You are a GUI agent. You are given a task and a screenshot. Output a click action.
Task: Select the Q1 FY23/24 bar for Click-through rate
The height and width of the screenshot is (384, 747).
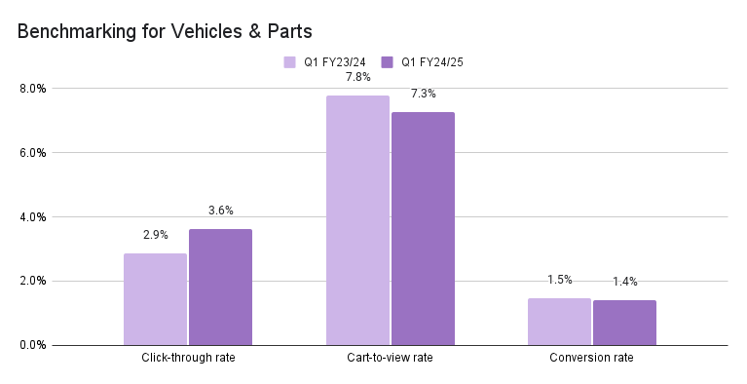155,299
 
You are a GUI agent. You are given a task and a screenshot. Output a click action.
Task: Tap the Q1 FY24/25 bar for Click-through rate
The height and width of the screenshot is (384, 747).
220,288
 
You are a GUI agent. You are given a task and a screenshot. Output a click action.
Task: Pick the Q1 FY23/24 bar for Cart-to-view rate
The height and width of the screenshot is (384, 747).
357,220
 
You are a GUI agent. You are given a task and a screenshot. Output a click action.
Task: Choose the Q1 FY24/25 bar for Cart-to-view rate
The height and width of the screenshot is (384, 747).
423,228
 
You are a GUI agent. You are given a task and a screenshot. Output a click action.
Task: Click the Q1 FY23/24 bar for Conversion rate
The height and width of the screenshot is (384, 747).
559,322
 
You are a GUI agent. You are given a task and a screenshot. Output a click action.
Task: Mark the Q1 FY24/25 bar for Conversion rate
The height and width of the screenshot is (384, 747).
624,323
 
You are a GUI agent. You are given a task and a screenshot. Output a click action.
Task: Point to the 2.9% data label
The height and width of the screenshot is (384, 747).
155,235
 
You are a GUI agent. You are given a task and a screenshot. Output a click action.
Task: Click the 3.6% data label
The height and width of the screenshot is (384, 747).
220,211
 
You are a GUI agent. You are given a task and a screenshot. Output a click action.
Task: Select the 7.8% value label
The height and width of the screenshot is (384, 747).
357,77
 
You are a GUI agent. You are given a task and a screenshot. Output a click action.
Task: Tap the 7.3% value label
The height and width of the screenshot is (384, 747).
423,94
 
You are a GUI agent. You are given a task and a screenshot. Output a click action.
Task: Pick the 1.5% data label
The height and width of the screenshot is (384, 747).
559,280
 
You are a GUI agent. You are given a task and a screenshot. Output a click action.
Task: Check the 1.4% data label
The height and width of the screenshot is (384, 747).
624,283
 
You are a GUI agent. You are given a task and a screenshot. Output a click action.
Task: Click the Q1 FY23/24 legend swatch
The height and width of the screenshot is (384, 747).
290,61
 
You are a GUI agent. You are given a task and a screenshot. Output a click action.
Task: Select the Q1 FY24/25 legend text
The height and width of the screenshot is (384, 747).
430,61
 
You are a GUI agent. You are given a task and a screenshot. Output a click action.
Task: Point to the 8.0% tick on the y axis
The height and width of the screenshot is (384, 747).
32,89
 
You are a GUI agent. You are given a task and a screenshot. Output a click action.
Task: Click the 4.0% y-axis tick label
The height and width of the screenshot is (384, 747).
32,217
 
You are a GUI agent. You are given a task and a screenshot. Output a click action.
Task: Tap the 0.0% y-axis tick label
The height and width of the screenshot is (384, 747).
32,345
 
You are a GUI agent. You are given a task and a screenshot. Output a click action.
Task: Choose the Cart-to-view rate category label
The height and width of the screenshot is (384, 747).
390,358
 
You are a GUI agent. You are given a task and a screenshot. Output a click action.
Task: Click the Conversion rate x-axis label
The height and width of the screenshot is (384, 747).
592,358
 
